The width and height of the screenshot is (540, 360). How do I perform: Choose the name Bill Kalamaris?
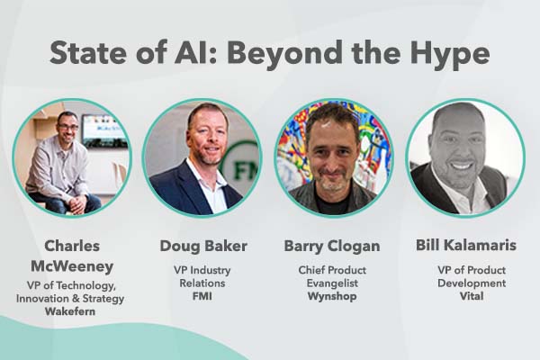coord(463,246)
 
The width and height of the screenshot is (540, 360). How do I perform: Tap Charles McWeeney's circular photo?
coord(72,157)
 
